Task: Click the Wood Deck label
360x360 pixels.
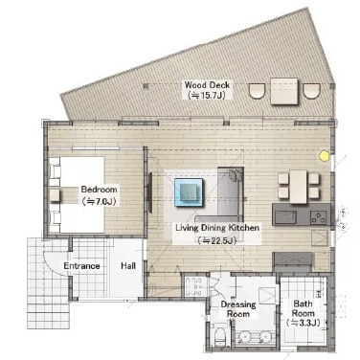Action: click(x=207, y=85)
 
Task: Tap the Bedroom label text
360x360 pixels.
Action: click(x=99, y=190)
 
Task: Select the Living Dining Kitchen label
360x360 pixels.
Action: click(x=217, y=228)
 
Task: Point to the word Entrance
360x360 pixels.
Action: click(x=81, y=266)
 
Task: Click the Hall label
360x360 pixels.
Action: click(x=128, y=266)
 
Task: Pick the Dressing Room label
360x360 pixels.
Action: click(x=238, y=309)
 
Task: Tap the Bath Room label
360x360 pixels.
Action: click(x=304, y=308)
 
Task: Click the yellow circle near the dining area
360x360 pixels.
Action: click(x=325, y=156)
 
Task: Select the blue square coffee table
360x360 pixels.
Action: click(x=189, y=192)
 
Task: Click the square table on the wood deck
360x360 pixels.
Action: click(x=284, y=91)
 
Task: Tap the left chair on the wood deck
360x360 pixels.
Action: click(x=257, y=91)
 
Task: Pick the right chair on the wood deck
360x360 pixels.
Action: click(x=311, y=91)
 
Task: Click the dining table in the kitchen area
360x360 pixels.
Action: click(x=299, y=187)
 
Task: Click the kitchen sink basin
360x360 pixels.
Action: click(x=285, y=217)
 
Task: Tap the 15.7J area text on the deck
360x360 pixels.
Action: click(x=208, y=96)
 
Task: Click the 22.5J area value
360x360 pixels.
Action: click(x=217, y=240)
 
